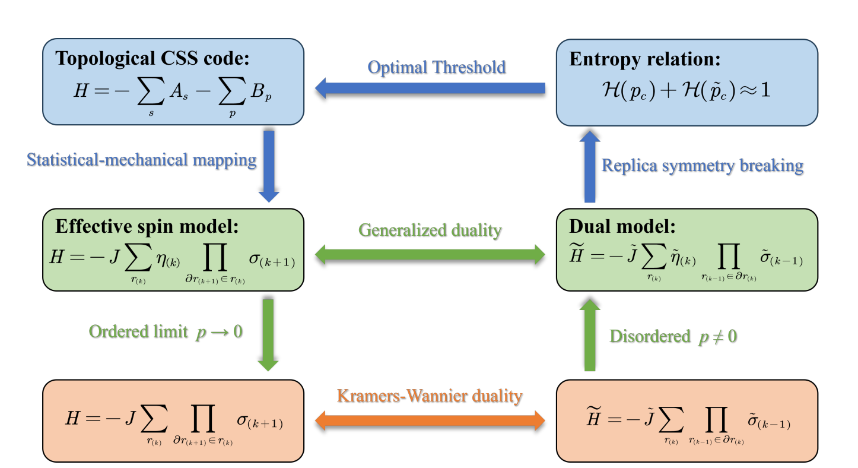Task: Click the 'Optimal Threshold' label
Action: click(x=436, y=67)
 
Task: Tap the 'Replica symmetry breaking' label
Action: click(x=703, y=165)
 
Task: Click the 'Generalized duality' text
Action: click(x=430, y=230)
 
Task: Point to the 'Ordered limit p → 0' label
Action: click(x=166, y=331)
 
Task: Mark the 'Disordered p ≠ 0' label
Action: click(x=673, y=336)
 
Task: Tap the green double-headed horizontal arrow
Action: click(x=430, y=255)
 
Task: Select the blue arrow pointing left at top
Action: click(x=430, y=89)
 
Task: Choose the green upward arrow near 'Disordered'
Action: click(x=589, y=334)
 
